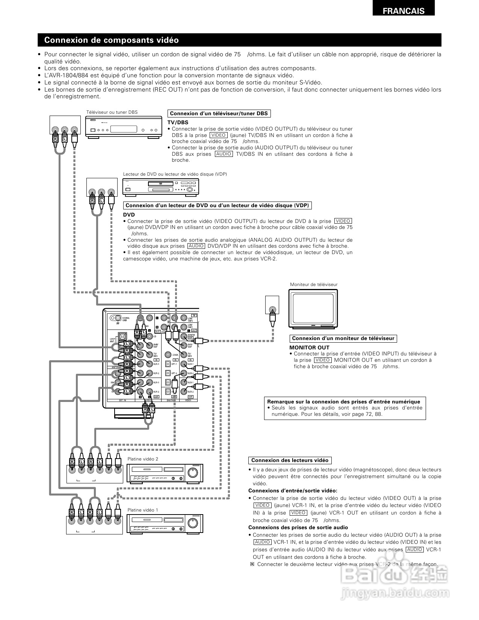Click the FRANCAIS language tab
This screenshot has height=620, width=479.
(x=403, y=11)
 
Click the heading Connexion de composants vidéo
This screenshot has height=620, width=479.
(x=112, y=40)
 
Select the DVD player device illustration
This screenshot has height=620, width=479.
(x=160, y=187)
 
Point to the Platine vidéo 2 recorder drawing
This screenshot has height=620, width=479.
(x=165, y=473)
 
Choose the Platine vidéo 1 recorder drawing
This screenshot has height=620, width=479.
(x=165, y=524)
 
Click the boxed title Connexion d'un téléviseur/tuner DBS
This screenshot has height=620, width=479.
(x=219, y=114)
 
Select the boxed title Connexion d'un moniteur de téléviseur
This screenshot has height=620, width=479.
(x=343, y=339)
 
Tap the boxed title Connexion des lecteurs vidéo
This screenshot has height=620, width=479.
(x=290, y=460)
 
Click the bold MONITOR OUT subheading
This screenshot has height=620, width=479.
(x=309, y=348)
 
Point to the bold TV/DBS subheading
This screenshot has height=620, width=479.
(x=178, y=122)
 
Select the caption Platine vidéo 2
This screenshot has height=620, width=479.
(x=143, y=459)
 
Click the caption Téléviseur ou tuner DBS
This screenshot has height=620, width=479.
(x=112, y=112)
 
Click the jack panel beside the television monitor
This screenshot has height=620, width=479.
(x=272, y=305)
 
